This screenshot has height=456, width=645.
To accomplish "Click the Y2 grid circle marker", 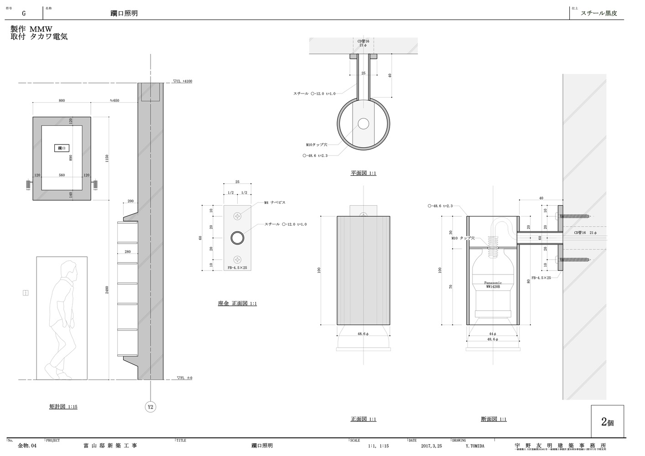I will [x=151, y=407].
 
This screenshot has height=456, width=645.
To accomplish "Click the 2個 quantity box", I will [x=607, y=422].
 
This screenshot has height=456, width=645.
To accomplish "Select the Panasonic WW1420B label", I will [x=493, y=285].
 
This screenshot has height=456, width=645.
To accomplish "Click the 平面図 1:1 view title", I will [x=363, y=173].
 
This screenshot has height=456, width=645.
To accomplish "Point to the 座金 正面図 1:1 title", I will [x=237, y=303].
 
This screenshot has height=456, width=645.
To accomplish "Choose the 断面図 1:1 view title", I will [x=493, y=419].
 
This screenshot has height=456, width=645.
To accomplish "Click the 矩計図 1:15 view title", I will [x=63, y=406].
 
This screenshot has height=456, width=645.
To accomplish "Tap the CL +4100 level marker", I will [x=182, y=81].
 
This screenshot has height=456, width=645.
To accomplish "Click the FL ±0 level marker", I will [x=184, y=378].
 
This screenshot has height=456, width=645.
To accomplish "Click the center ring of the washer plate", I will [x=237, y=238].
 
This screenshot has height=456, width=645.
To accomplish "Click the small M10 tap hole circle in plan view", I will [x=363, y=124].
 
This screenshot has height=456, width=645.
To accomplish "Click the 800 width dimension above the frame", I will [x=62, y=100].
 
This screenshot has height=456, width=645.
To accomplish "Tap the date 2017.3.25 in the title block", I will [x=431, y=446].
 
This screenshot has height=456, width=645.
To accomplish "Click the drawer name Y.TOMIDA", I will [x=475, y=446].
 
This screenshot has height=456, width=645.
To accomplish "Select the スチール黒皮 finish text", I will [x=598, y=13].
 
